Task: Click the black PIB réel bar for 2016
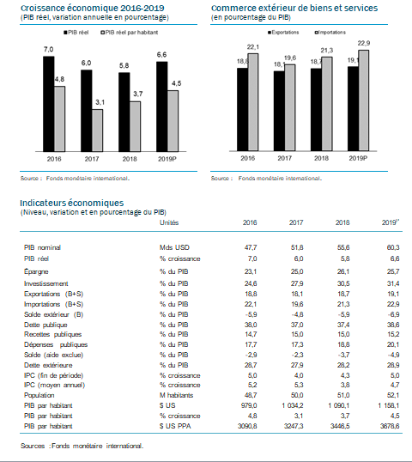click(x=49, y=104)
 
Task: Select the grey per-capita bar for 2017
click(x=98, y=131)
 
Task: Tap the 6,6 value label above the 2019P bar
click(x=161, y=55)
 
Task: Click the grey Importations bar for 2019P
click(x=364, y=100)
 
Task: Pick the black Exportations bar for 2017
click(x=279, y=111)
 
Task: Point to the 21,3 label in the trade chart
click(x=327, y=51)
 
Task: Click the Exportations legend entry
click(x=283, y=33)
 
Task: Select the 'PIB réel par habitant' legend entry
click(x=130, y=33)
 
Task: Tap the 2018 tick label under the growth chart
click(x=130, y=159)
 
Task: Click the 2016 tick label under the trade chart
click(x=248, y=158)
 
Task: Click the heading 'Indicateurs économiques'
click(x=72, y=203)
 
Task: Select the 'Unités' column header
click(x=169, y=222)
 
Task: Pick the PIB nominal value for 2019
click(x=393, y=247)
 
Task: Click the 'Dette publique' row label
click(x=45, y=325)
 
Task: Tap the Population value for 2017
click(x=297, y=395)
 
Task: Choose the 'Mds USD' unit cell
click(x=174, y=247)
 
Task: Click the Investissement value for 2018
click(x=343, y=283)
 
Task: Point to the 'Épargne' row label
click(x=36, y=271)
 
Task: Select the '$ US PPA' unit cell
click(x=175, y=426)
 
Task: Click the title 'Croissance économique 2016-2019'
click(x=93, y=8)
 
